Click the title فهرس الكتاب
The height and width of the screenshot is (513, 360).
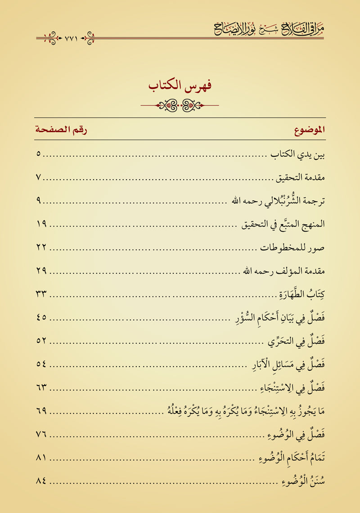click(180, 85)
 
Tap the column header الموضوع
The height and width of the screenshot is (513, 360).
click(310, 131)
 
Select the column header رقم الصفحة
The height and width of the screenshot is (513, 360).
click(61, 131)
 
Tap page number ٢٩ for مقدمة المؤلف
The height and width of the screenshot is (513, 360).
click(41, 271)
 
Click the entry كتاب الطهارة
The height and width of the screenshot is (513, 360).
click(301, 295)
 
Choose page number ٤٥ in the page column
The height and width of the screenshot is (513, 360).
click(41, 318)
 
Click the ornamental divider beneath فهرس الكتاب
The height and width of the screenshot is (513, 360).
click(180, 105)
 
